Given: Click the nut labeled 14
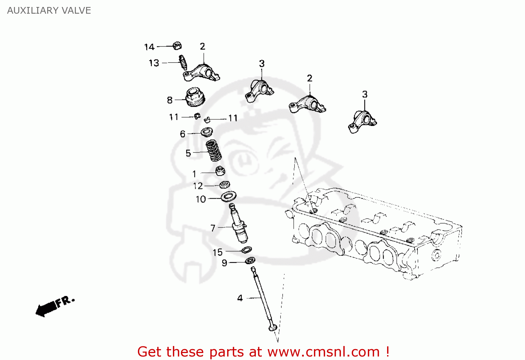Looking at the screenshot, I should [x=177, y=46].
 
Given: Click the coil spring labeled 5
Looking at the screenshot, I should [x=213, y=150].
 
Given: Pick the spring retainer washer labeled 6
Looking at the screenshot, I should [x=207, y=132].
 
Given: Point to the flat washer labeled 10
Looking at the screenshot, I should [x=229, y=196].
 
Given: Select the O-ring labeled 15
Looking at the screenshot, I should [x=246, y=250].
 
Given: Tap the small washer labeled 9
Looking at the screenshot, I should [x=250, y=260].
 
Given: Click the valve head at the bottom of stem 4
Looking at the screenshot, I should [x=273, y=328].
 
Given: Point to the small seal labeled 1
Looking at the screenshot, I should [x=220, y=171].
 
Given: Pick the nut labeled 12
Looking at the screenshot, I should [x=224, y=184].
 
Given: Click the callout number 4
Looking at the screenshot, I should [x=240, y=298].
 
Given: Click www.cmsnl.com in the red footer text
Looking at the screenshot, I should [x=323, y=352].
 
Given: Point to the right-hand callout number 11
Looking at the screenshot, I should [x=233, y=118].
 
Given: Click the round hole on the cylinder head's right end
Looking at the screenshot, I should [x=436, y=255].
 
